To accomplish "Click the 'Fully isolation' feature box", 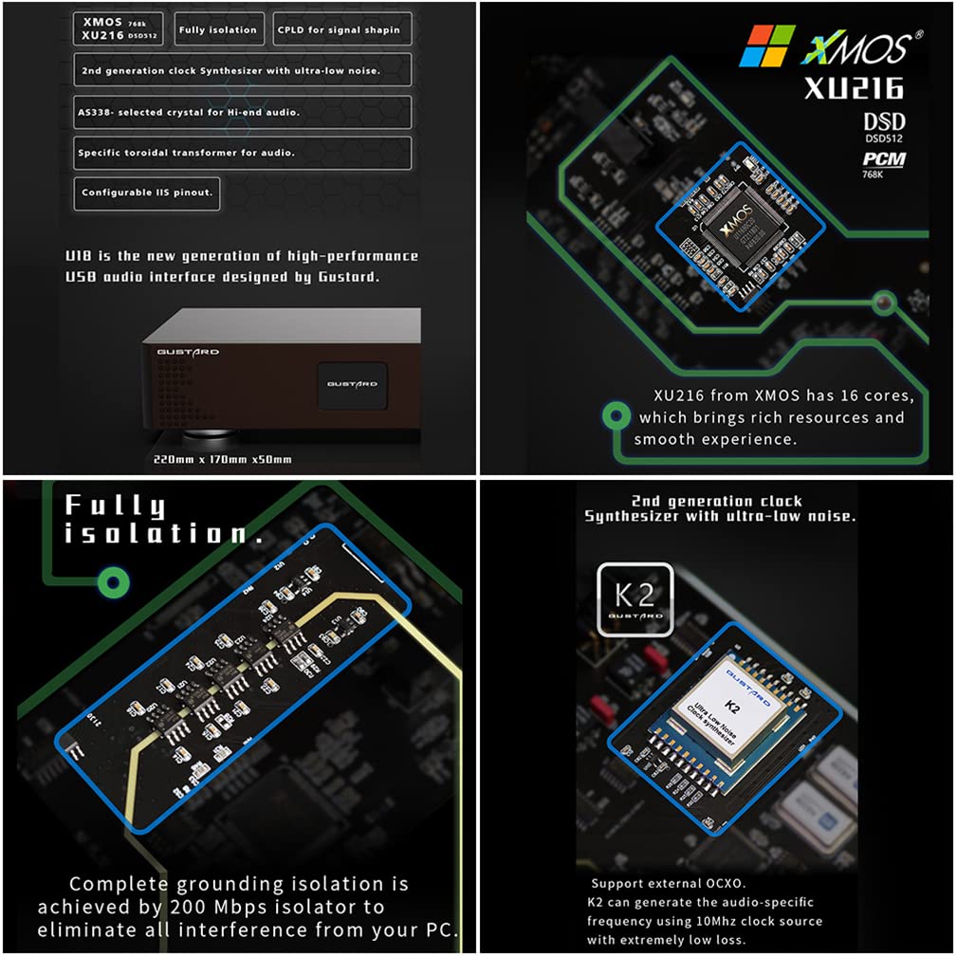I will point(217,29).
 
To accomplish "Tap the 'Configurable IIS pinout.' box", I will point(147,193).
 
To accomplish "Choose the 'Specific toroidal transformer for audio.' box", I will point(242,153).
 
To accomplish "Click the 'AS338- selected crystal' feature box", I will point(242,112).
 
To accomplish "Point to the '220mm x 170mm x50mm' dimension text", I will point(223,459).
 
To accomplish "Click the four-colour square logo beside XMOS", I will point(767,45).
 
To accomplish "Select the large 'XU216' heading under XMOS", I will point(854,88).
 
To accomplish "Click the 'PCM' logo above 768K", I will point(884,158).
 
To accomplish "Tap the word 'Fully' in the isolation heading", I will point(115,506).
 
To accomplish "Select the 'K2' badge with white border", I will point(635,598).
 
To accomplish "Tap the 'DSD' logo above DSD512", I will point(884,121).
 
